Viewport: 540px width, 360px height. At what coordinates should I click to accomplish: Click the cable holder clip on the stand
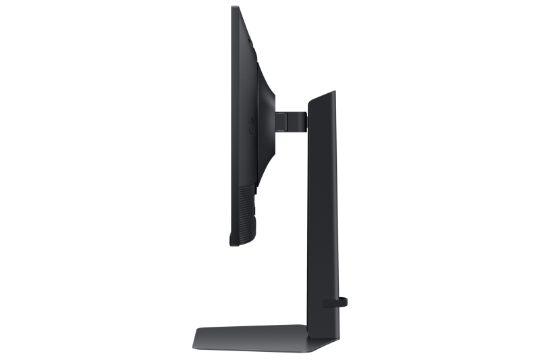tap(335, 301)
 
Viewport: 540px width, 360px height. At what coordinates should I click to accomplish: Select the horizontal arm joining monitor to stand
tap(290, 122)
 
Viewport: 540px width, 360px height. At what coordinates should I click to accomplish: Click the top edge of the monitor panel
tap(234, 8)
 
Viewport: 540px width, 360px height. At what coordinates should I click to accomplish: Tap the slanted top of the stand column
tap(323, 97)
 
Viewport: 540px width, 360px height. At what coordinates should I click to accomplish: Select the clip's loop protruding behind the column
tap(344, 301)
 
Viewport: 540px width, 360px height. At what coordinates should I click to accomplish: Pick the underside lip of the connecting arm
tap(292, 132)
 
